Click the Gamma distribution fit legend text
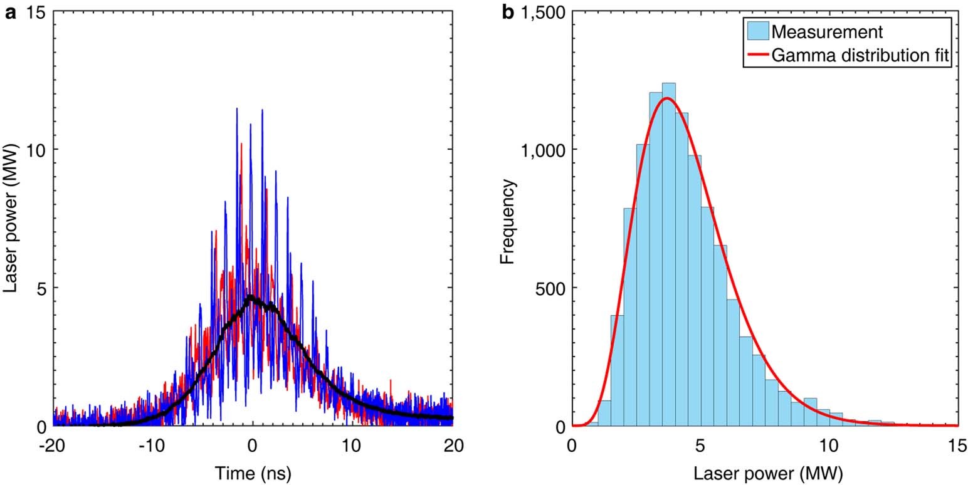click(861, 56)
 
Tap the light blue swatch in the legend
click(758, 31)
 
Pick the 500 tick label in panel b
click(548, 288)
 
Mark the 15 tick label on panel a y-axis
click(36, 13)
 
